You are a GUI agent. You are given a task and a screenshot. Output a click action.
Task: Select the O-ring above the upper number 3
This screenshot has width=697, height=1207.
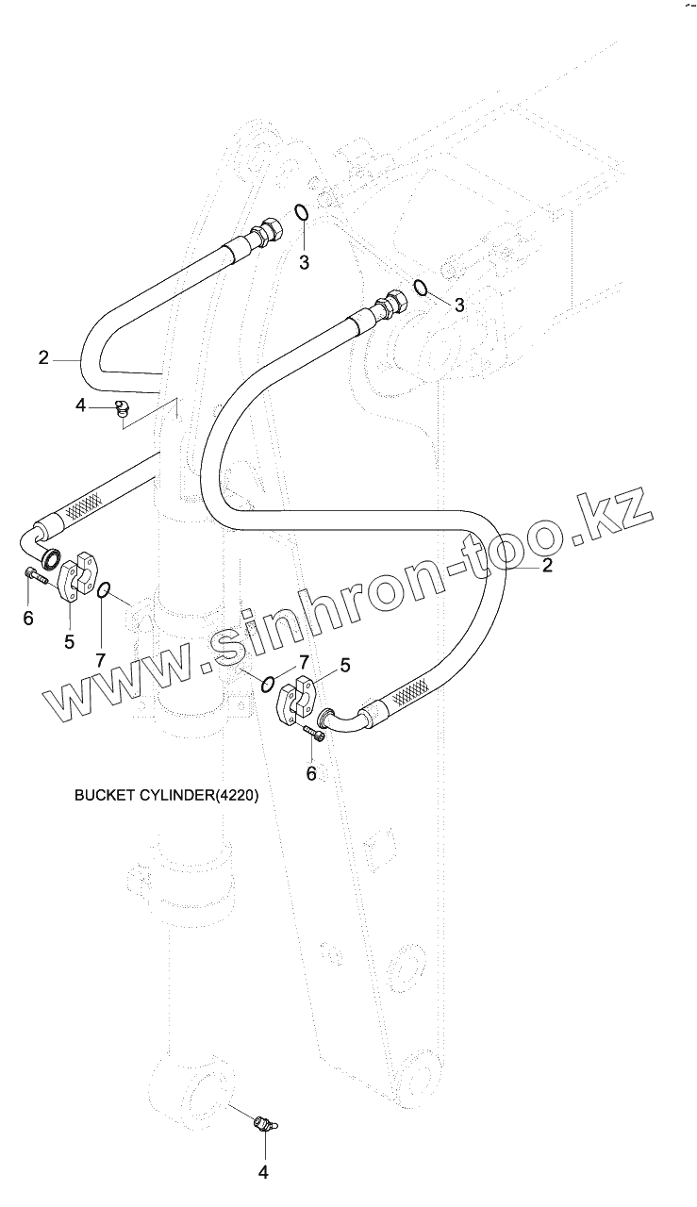tap(301, 213)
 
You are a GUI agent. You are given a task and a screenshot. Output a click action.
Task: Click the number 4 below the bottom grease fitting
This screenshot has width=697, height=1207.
tap(264, 1172)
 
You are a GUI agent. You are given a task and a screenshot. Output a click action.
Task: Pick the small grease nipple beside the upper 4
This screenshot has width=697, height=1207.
tap(121, 407)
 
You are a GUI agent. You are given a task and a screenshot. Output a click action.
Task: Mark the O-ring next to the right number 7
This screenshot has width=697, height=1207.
tap(269, 683)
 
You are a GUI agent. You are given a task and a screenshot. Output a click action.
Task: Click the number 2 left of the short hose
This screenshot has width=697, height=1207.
tap(43, 357)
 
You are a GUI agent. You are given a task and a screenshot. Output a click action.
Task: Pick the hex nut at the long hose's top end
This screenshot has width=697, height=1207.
tap(391, 305)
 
